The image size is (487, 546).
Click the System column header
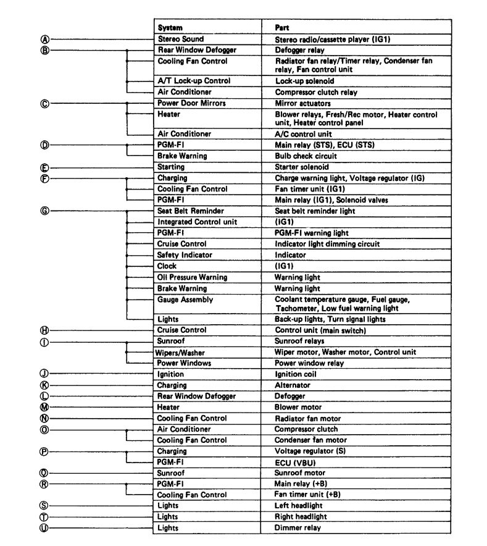point(170,28)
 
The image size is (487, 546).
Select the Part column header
point(283,28)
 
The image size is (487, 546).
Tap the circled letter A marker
point(44,39)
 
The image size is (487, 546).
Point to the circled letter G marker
point(44,211)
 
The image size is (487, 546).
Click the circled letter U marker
point(44,528)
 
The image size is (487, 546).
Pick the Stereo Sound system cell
point(180,39)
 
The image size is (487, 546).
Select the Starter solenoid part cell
point(302,167)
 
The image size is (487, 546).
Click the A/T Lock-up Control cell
point(194,81)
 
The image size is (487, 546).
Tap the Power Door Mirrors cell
point(191,103)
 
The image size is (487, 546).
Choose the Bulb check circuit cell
point(306,156)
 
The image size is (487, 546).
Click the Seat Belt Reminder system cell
point(190,211)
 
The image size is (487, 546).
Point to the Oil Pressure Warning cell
point(192,277)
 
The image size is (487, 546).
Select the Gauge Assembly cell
point(185,300)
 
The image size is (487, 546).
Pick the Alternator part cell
point(291,385)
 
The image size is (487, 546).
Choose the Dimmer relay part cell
point(298,528)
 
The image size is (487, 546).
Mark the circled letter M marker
point(44,407)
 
